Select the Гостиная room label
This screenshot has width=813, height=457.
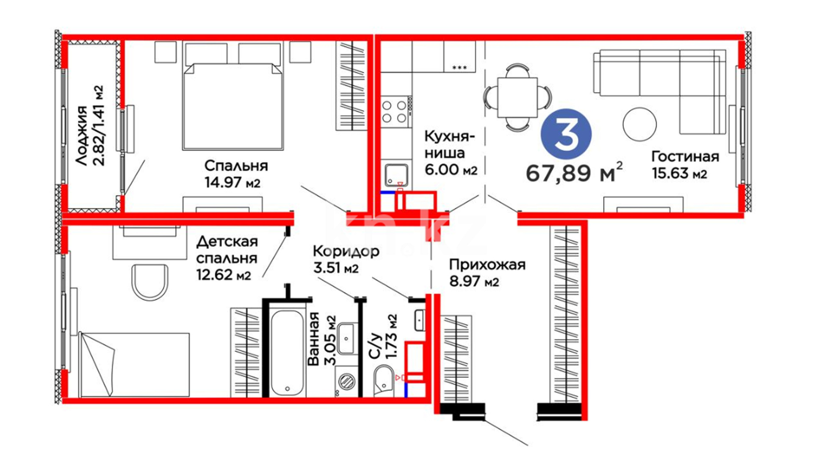click(685, 165)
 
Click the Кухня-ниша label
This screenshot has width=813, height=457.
click(451, 153)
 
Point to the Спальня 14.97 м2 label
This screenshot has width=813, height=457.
click(236, 174)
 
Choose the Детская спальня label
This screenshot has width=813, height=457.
click(227, 258)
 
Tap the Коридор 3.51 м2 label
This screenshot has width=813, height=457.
click(346, 259)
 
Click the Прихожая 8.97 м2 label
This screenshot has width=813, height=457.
click(487, 273)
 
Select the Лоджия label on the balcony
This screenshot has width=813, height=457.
click(89, 125)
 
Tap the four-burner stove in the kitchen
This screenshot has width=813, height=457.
click(395, 112)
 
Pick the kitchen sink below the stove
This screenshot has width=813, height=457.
click(396, 174)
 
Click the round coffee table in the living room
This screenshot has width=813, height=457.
click(639, 124)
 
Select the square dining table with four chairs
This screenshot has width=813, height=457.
click(517, 97)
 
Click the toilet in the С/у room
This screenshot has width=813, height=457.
click(384, 381)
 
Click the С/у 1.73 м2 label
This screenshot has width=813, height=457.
click(383, 337)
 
